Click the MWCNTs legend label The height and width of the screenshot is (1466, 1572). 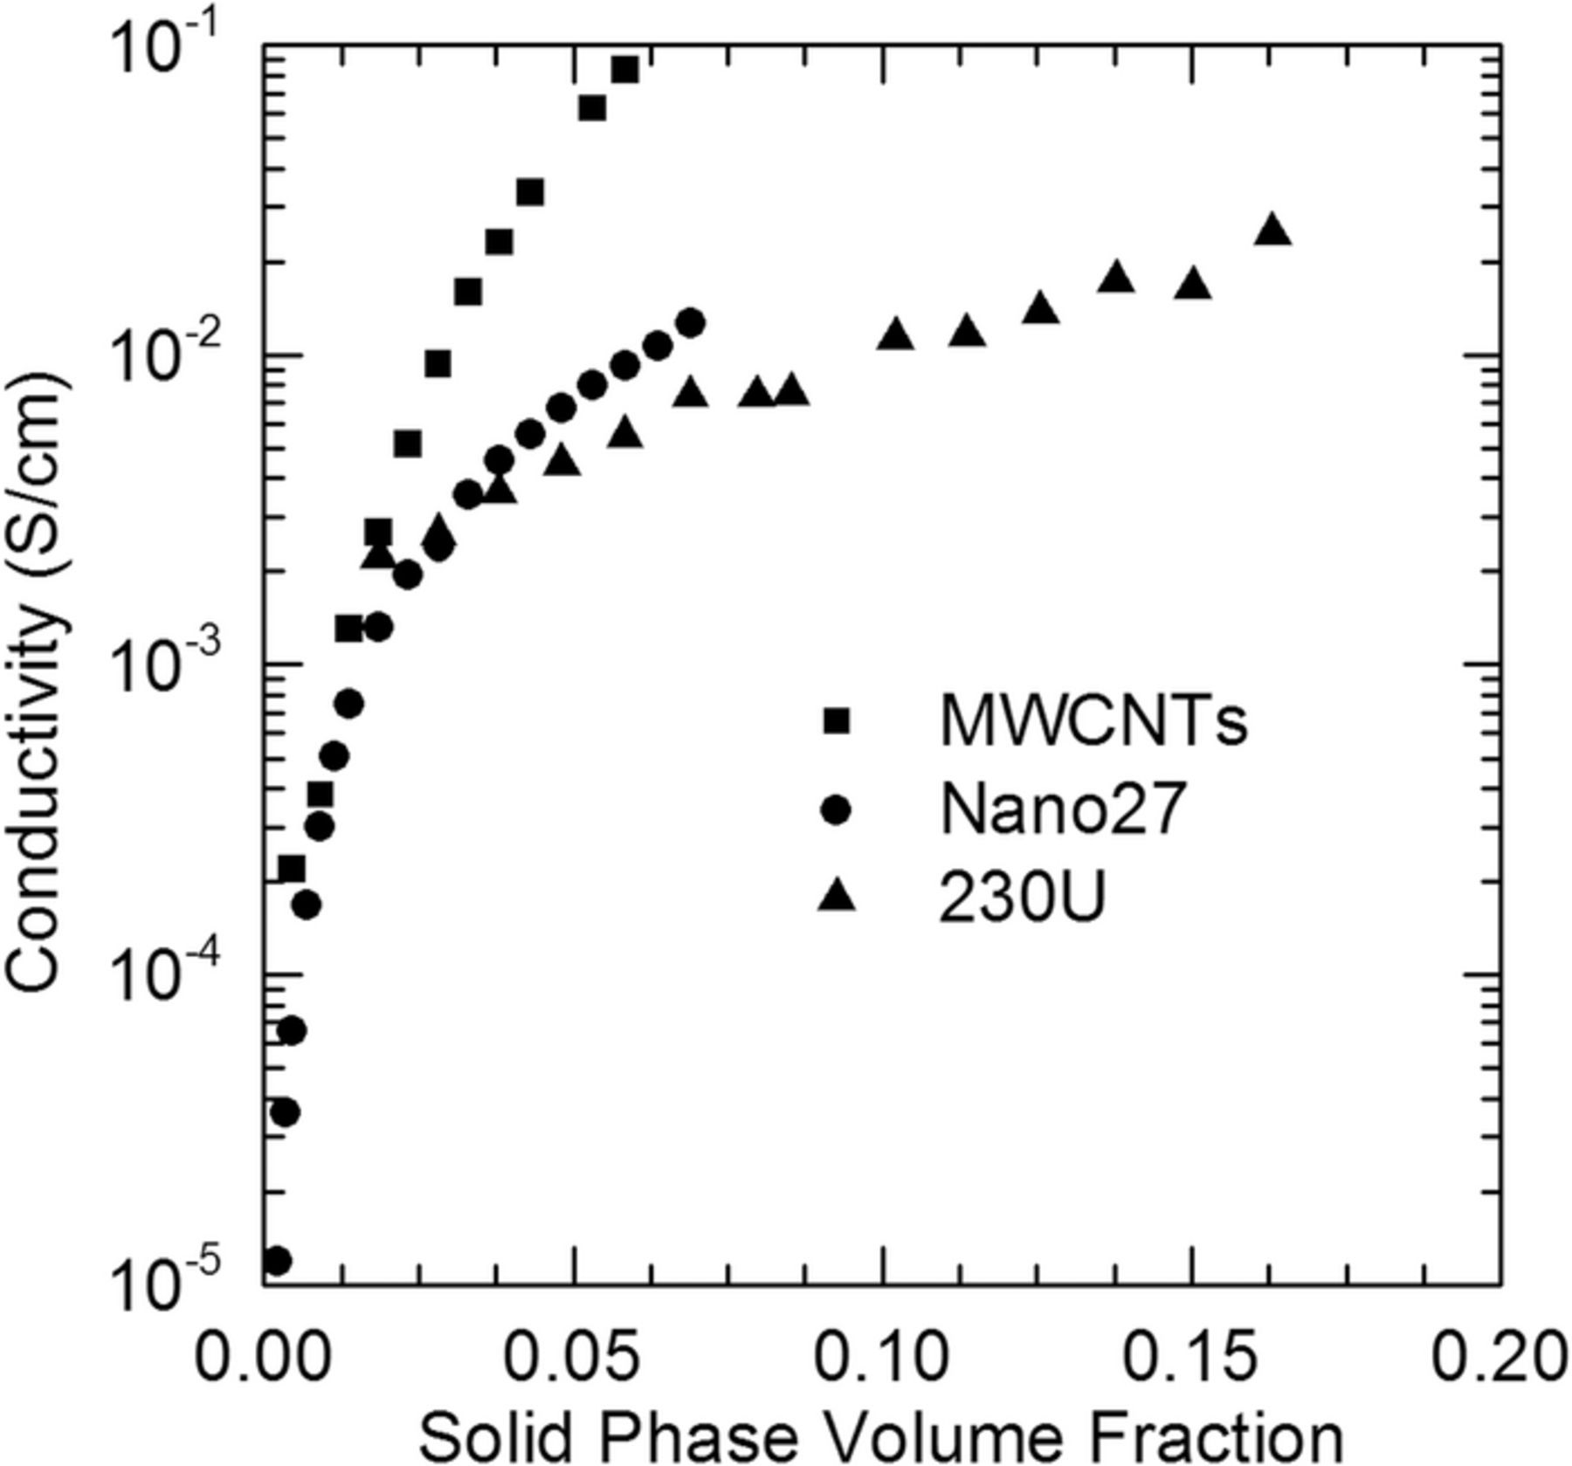1093,721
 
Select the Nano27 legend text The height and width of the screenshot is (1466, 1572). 1062,809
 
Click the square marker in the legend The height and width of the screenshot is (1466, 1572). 837,721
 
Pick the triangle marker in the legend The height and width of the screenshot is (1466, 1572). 837,897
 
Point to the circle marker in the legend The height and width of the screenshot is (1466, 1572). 837,810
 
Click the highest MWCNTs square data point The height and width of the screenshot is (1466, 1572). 624,70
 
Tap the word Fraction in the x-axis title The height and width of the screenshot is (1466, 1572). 1205,1437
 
